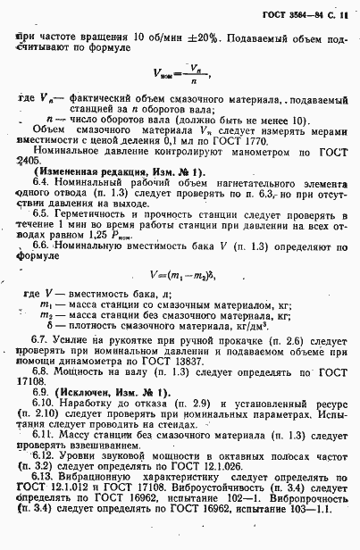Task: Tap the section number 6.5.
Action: [46, 215]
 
